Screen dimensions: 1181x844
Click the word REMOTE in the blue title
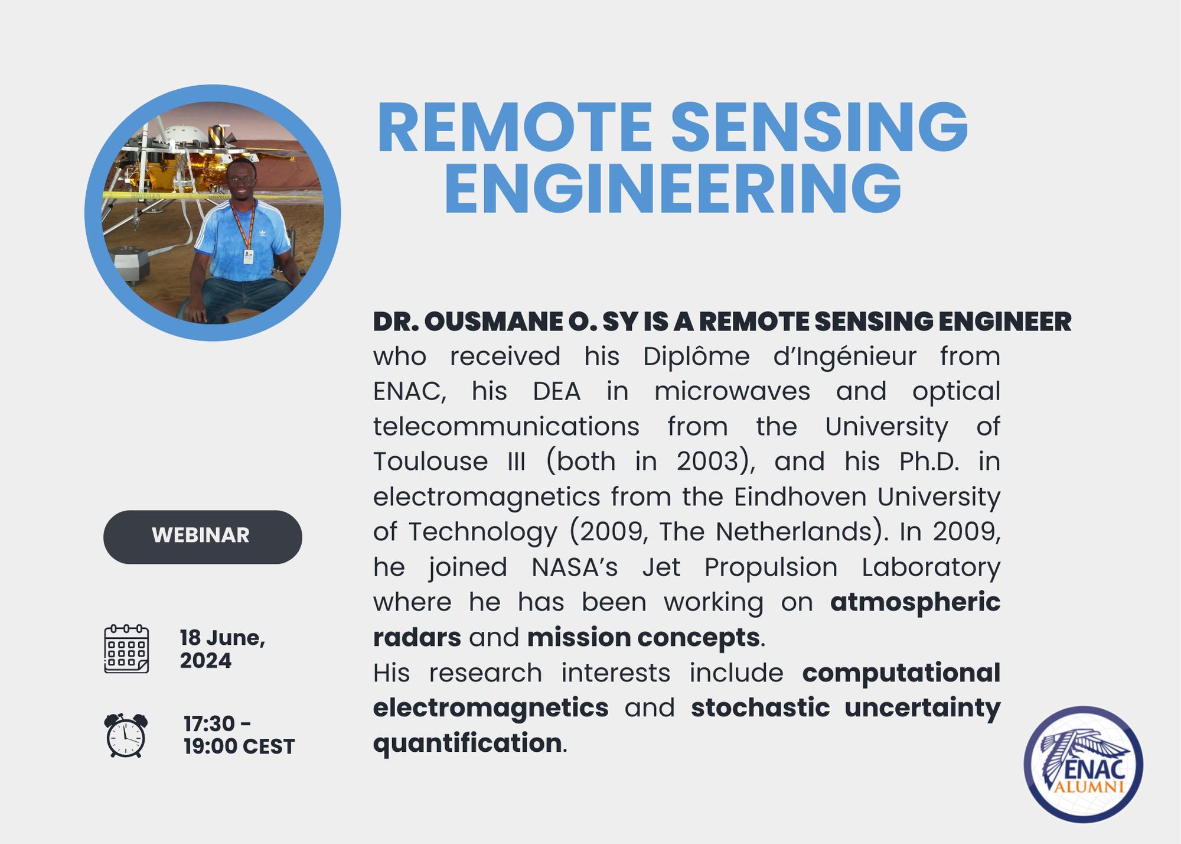point(514,128)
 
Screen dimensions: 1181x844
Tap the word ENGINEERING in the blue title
point(673,189)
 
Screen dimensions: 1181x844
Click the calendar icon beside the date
point(126,649)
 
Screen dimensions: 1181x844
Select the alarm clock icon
point(126,735)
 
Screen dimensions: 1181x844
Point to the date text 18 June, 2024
point(223,649)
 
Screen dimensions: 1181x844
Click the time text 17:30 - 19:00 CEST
point(239,735)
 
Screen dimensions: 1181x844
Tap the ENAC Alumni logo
point(1084,765)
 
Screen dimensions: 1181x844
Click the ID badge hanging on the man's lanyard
point(249,257)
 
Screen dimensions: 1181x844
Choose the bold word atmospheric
point(915,603)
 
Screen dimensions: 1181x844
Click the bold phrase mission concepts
point(643,638)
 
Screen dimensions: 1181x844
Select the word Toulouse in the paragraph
point(430,462)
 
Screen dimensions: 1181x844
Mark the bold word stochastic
point(761,708)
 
